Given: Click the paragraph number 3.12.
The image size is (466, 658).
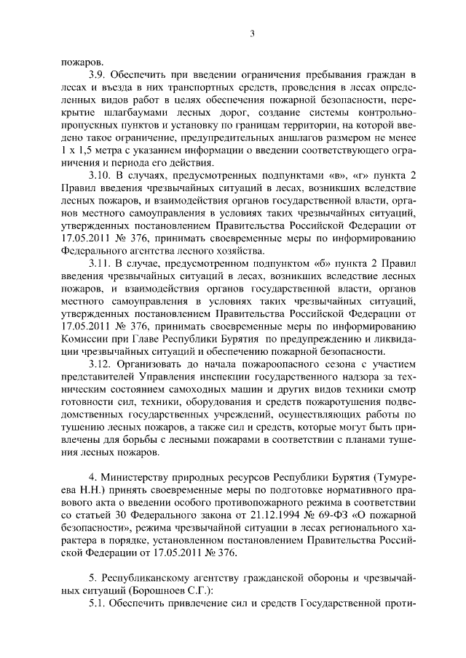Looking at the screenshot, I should (100, 363).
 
